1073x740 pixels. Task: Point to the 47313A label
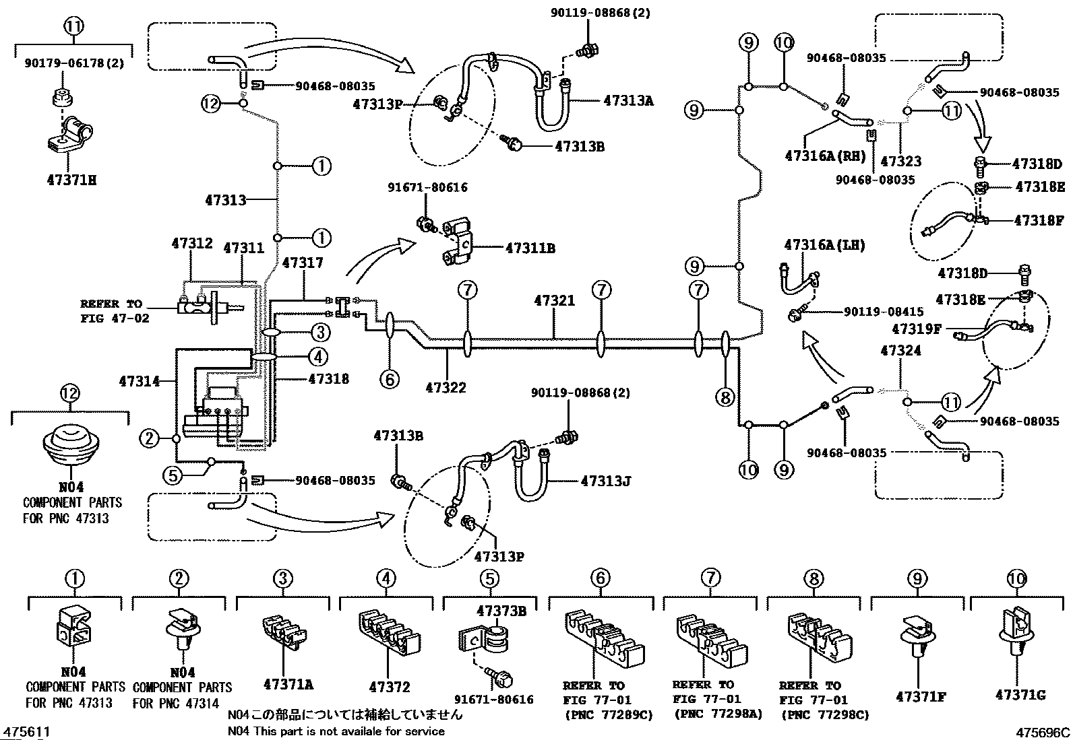(628, 101)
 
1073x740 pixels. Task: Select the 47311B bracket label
(530, 248)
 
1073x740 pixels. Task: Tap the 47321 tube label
(555, 301)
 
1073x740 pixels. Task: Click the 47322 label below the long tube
(446, 388)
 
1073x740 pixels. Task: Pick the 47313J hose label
(605, 481)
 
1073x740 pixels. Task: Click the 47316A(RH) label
(826, 156)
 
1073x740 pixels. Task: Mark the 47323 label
(900, 162)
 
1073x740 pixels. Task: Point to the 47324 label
(900, 351)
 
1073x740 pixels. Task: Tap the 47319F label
(918, 329)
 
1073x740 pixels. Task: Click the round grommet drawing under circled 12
(71, 444)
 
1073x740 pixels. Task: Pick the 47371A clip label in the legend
(288, 685)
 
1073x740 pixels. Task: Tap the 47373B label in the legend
(501, 611)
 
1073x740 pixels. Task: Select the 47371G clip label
(1020, 695)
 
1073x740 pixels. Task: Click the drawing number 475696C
(1043, 732)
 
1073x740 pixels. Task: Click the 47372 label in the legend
(389, 687)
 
